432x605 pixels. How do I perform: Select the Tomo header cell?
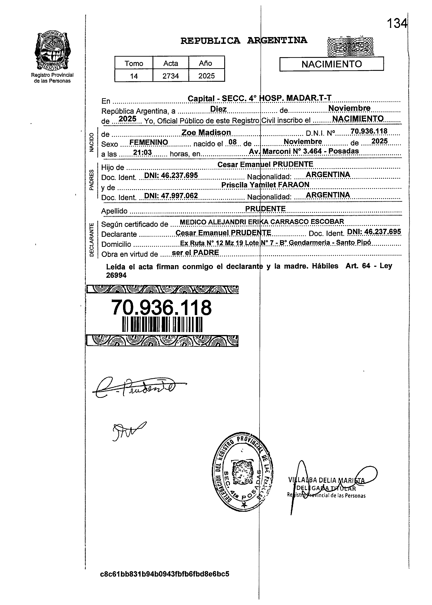134,63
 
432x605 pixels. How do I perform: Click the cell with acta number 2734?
171,76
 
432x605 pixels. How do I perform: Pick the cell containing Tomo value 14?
134,76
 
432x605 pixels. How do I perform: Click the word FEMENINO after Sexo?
149,143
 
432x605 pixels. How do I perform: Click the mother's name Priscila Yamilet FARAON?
265,185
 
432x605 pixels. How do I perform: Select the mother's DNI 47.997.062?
171,196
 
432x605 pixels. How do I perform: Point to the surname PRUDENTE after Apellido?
265,209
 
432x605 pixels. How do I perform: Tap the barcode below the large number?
162,325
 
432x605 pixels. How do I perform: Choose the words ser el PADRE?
195,253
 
